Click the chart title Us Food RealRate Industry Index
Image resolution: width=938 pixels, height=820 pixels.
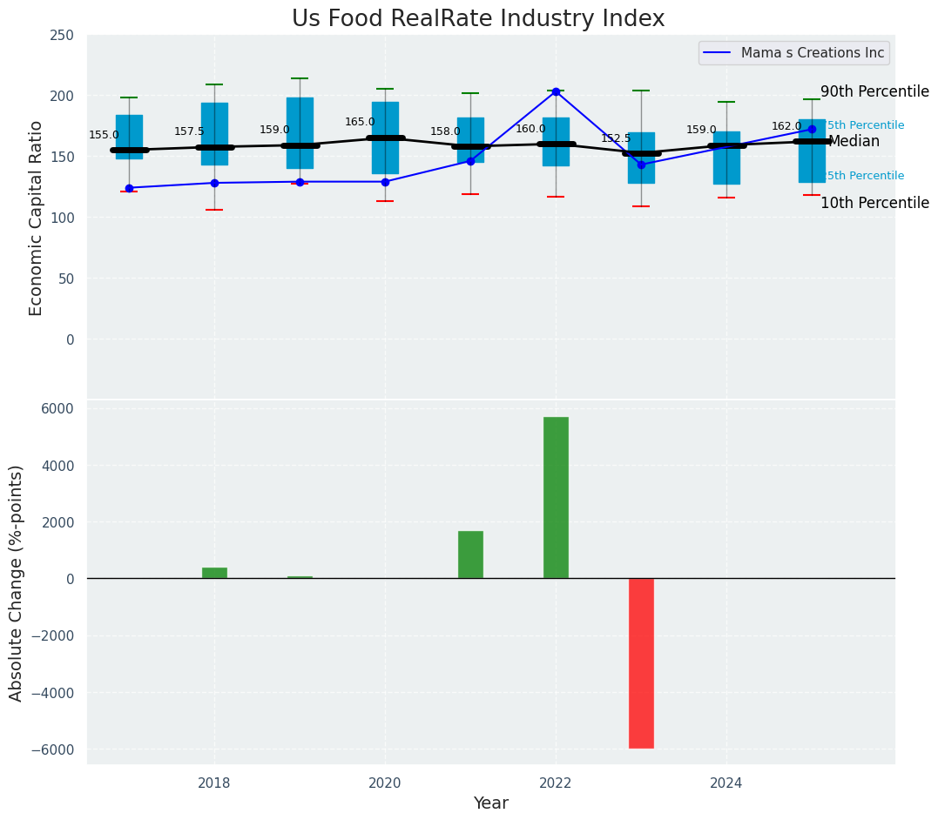point(478,19)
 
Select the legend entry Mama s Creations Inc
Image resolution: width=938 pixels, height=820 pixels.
point(812,53)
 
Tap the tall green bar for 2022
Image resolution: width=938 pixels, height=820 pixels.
point(556,497)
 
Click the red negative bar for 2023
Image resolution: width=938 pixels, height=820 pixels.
point(641,662)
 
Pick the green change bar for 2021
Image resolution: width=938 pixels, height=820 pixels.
point(470,555)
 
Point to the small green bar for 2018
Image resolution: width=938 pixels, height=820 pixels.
point(214,573)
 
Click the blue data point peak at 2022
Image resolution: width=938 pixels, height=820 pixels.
point(556,91)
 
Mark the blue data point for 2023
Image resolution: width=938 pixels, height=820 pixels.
point(641,165)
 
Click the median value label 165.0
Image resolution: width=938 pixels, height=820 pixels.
point(360,123)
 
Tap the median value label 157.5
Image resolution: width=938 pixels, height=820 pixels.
point(189,131)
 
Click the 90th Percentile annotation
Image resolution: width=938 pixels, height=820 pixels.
point(874,92)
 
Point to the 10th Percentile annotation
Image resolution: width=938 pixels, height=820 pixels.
point(874,203)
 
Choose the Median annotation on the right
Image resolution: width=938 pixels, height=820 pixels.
point(854,142)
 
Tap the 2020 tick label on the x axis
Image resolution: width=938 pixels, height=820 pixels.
point(385,783)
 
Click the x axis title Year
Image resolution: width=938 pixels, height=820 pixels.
point(491,803)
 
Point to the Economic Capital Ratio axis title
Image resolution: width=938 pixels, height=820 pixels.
point(37,218)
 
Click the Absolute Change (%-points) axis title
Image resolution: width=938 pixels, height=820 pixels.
point(17,582)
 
